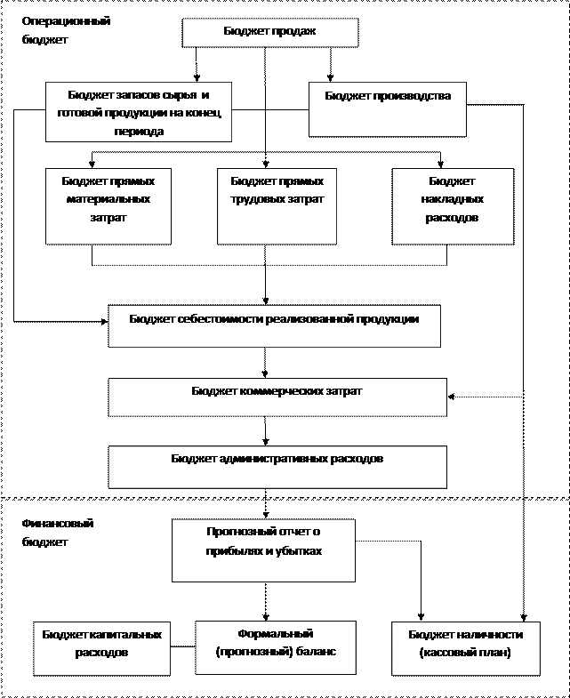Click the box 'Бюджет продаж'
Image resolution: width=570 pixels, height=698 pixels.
pyautogui.click(x=269, y=33)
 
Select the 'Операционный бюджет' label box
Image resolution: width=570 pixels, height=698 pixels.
pyautogui.click(x=70, y=34)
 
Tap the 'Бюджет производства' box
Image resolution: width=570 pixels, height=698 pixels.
pyautogui.click(x=387, y=110)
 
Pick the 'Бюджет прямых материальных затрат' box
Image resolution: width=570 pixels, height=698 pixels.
pyautogui.click(x=108, y=205)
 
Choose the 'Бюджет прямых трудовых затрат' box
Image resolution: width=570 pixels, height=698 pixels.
pyautogui.click(x=277, y=205)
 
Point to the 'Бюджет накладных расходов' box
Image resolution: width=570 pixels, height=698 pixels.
pyautogui.click(x=452, y=205)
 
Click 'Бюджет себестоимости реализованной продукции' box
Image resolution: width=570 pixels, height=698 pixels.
pyautogui.click(x=274, y=326)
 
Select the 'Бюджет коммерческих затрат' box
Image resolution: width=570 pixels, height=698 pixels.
pyautogui.click(x=277, y=397)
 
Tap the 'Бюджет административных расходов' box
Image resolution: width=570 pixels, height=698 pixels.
pyautogui.click(x=277, y=466)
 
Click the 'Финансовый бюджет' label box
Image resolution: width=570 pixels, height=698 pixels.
pyautogui.click(x=63, y=532)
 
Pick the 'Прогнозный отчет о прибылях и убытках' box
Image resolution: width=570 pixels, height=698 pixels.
pyautogui.click(x=263, y=550)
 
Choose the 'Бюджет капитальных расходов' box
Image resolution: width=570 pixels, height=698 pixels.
pyautogui.click(x=102, y=647)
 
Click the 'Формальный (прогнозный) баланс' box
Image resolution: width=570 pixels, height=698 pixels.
pyautogui.click(x=276, y=647)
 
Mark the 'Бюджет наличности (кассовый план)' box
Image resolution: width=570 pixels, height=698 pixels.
pyautogui.click(x=465, y=647)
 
